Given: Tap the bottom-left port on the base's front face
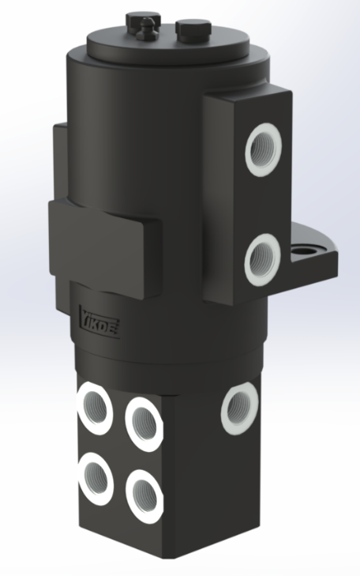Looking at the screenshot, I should pos(96,475).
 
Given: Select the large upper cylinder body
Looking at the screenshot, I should pos(134,134).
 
